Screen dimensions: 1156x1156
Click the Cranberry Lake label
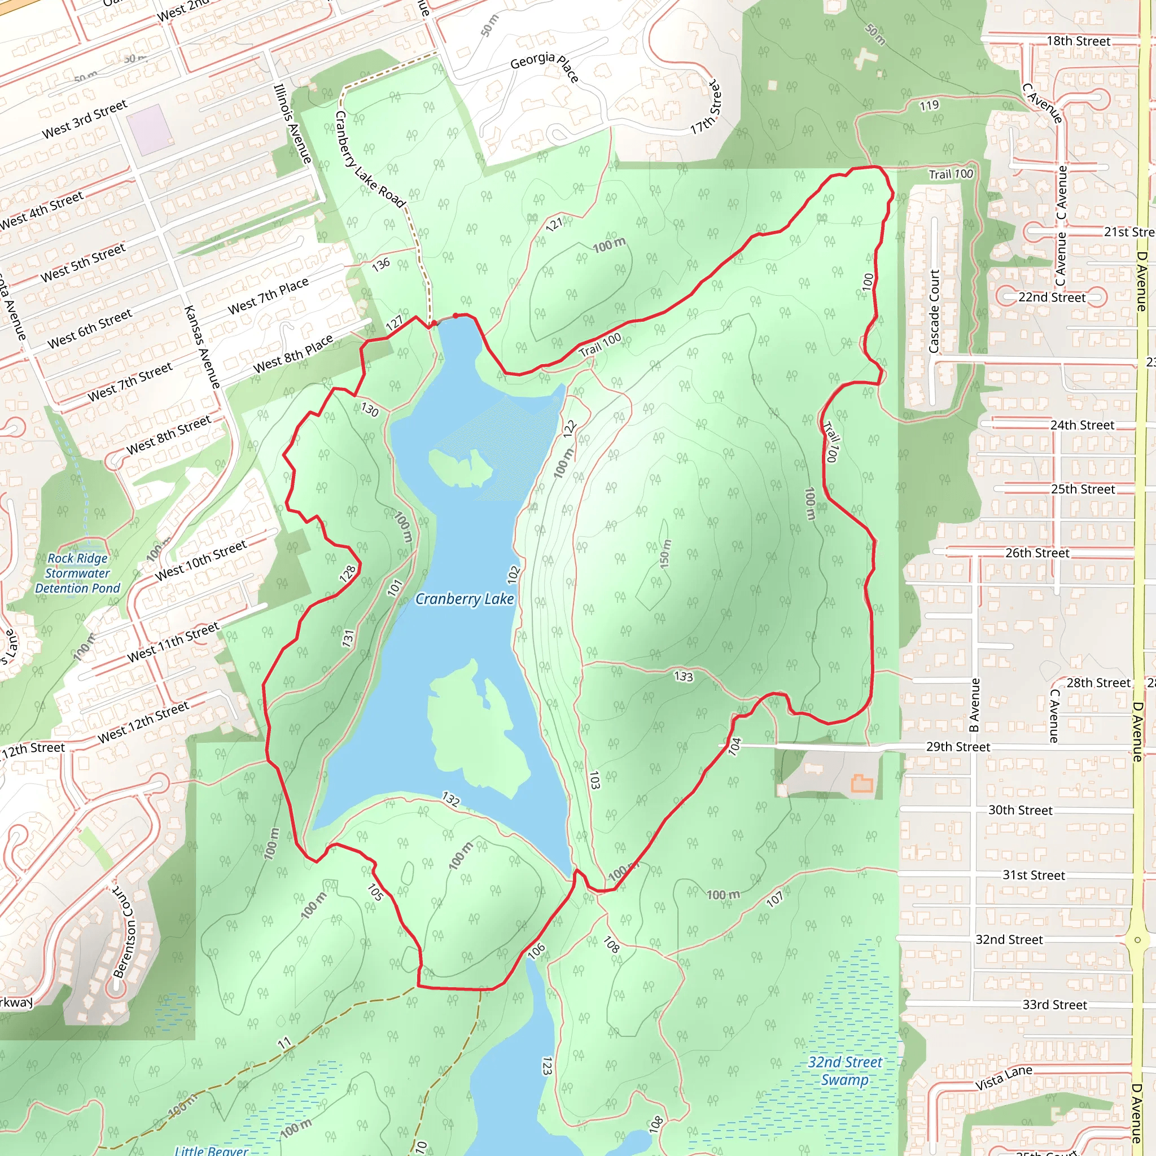coord(465,599)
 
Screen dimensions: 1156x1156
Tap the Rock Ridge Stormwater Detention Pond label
coord(78,573)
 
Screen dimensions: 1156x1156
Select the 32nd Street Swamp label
coord(844,1070)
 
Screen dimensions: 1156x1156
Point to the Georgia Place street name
coord(544,66)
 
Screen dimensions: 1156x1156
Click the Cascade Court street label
coord(934,311)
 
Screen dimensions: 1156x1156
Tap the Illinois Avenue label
coord(292,123)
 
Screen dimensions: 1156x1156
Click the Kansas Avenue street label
coord(202,347)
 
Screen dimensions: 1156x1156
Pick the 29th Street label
coord(958,747)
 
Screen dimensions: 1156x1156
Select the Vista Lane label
coord(1004,1078)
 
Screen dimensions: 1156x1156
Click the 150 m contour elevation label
coord(665,554)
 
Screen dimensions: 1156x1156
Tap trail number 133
coord(684,676)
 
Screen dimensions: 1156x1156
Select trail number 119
coord(929,106)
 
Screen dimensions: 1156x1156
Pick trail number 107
coord(774,899)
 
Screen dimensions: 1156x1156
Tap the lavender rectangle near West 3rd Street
coord(150,130)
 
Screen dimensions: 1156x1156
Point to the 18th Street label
coord(1078,41)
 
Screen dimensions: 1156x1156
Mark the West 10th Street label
coord(201,560)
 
